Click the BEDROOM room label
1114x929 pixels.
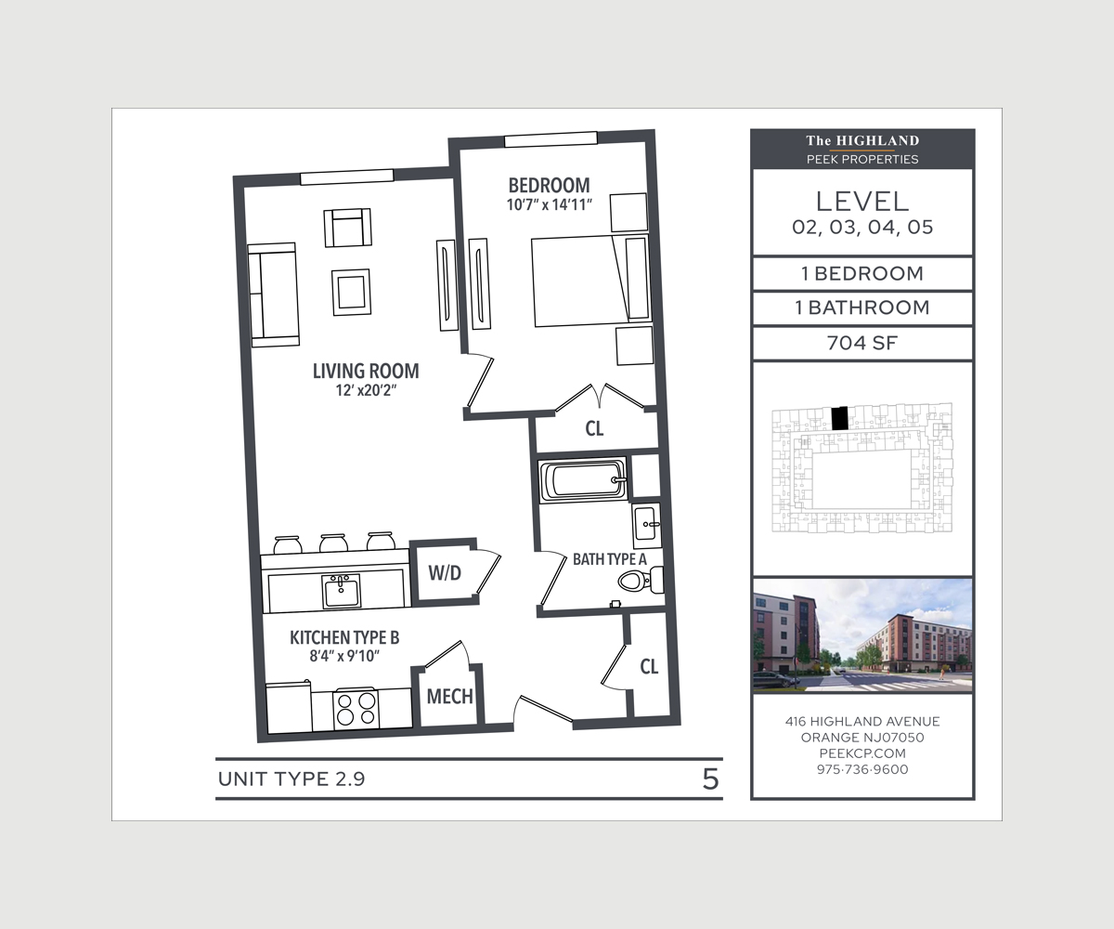pyautogui.click(x=549, y=185)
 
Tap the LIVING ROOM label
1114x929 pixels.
pyautogui.click(x=366, y=371)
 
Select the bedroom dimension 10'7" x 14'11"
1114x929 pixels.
pyautogui.click(x=549, y=205)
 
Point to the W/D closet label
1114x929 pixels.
pyautogui.click(x=445, y=573)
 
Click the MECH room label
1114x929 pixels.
pyautogui.click(x=449, y=696)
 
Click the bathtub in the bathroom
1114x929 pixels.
pyautogui.click(x=583, y=479)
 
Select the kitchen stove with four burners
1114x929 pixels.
pyautogui.click(x=356, y=709)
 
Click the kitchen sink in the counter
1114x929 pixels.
pyautogui.click(x=341, y=591)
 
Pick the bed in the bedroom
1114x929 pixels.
pyautogui.click(x=591, y=281)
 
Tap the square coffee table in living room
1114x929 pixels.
pyautogui.click(x=351, y=292)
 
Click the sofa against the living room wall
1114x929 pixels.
pyautogui.click(x=273, y=295)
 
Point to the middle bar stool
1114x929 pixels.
pyautogui.click(x=334, y=543)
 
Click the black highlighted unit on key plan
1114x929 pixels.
pyautogui.click(x=840, y=418)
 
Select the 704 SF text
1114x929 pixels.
pyautogui.click(x=862, y=343)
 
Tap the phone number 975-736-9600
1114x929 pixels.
pyautogui.click(x=862, y=769)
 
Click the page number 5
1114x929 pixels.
pyautogui.click(x=711, y=779)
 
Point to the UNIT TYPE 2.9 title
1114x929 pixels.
pyautogui.click(x=291, y=779)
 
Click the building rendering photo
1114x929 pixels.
pyautogui.click(x=862, y=635)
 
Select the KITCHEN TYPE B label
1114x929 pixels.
pyautogui.click(x=344, y=637)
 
